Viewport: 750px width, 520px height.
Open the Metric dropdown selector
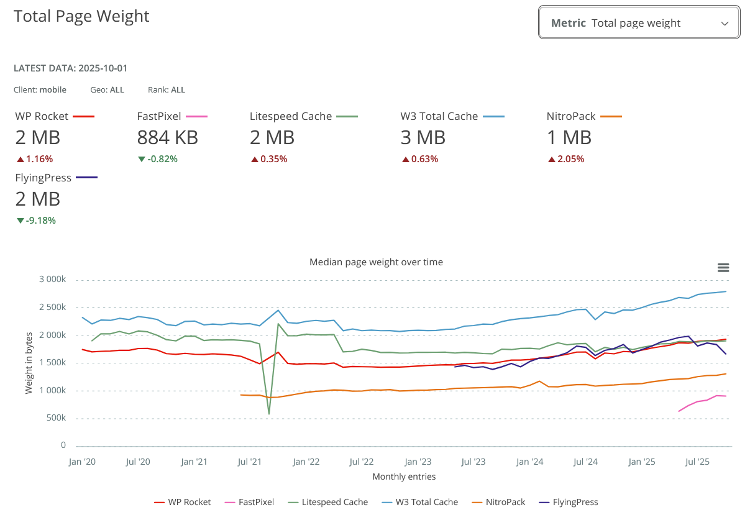639,23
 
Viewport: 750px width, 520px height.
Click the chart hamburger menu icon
723,268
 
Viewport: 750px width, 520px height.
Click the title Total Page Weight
81,16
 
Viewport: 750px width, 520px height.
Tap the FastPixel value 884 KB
167,137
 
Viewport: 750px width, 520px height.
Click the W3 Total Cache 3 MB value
423,137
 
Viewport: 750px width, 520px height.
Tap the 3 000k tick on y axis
52,280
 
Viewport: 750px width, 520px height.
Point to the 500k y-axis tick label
55,418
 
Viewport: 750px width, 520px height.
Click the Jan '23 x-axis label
418,462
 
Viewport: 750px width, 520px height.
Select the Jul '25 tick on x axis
697,462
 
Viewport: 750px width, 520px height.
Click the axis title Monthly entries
404,477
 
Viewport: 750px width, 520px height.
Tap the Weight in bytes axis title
29,363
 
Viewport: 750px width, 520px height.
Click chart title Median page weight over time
376,262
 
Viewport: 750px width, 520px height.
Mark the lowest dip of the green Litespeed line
268,414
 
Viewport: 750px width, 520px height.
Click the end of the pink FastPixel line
725,396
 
